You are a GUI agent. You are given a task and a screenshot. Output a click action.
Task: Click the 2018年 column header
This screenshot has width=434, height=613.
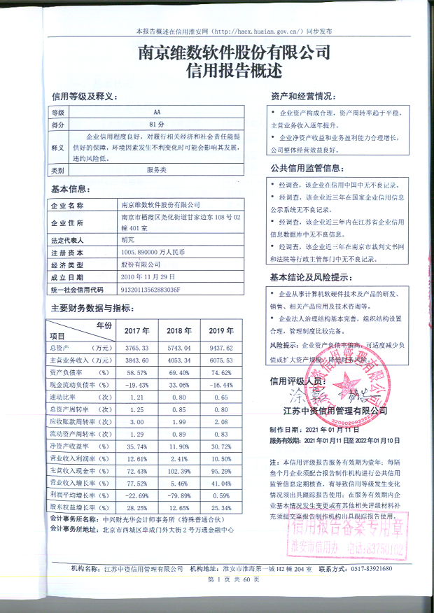click(178, 330)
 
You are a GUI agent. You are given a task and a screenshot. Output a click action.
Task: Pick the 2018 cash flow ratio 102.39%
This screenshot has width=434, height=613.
click(178, 472)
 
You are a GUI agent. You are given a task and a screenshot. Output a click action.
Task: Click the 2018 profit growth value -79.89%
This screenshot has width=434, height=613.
click(178, 496)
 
